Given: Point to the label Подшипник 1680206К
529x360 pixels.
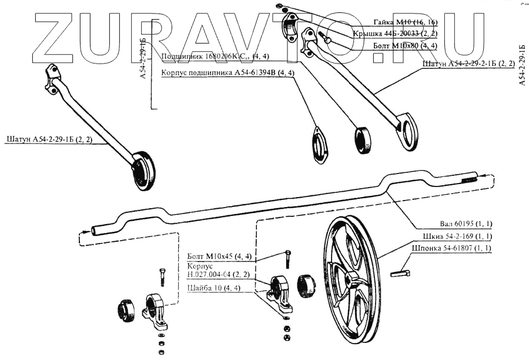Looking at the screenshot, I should (x=215, y=57).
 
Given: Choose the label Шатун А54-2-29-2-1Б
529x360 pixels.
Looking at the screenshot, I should (x=469, y=63).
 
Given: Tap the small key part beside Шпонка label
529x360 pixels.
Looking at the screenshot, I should (x=400, y=272).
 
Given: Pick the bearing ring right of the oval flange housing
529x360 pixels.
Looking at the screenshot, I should (x=363, y=140).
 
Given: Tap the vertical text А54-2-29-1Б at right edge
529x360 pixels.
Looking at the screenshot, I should (x=522, y=65).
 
